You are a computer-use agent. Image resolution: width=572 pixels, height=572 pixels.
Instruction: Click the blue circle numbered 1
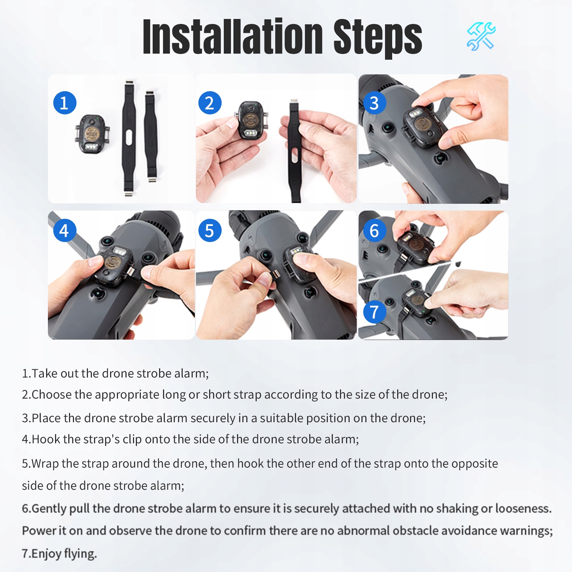65,103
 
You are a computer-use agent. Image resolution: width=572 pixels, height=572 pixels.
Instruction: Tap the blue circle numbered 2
210,103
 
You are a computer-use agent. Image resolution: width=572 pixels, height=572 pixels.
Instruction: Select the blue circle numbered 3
375,103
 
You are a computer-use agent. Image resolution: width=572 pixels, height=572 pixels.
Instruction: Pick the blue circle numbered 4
65,231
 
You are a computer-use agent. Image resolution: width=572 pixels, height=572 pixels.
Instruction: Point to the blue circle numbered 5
210,231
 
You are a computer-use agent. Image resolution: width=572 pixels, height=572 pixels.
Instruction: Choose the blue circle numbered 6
375,231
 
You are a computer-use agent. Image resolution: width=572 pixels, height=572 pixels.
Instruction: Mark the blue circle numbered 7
375,312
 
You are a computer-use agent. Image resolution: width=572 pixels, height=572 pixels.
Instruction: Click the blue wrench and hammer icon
481,36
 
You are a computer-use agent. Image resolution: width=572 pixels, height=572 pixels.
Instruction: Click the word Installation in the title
233,37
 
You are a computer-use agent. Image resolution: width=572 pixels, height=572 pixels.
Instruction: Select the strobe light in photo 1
92,134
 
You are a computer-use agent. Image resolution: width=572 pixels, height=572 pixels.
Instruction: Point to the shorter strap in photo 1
151,137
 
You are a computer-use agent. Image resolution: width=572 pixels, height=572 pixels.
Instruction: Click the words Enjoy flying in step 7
64,553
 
